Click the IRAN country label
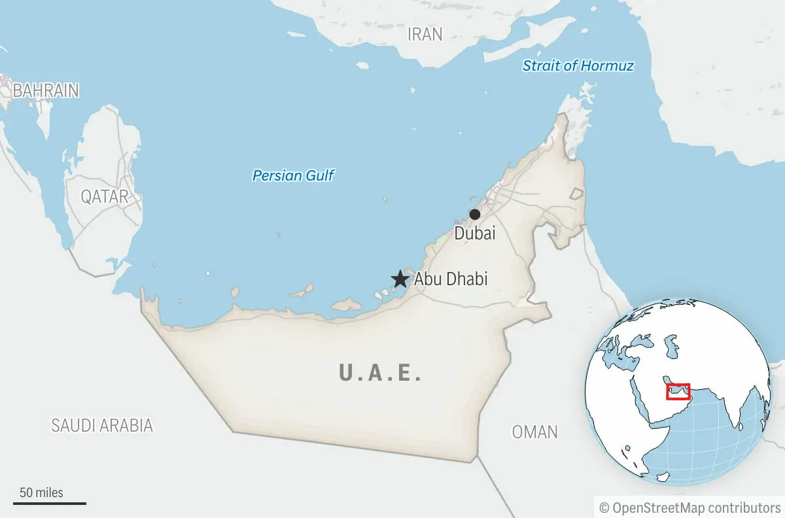[x=425, y=34]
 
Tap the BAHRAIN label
[x=46, y=90]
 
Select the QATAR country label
[x=104, y=196]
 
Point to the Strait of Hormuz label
[x=578, y=65]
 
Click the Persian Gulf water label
[x=293, y=175]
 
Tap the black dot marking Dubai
[x=475, y=215]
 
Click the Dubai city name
[x=475, y=233]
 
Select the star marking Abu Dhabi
[x=400, y=280]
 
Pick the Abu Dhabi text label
[x=451, y=279]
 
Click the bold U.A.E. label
[x=380, y=373]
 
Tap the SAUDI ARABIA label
[x=102, y=425]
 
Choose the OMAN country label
[x=534, y=432]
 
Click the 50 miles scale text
[x=41, y=492]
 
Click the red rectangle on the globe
[x=678, y=391]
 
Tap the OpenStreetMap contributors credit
[x=696, y=508]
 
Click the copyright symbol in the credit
[x=604, y=508]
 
